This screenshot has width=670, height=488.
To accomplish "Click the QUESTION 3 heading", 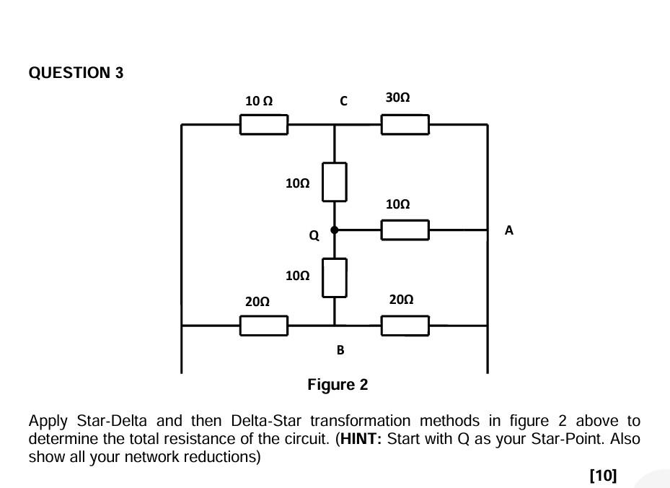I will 76,73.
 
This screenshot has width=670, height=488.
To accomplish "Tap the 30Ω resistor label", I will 397,97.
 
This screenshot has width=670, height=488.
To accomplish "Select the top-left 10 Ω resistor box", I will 263,125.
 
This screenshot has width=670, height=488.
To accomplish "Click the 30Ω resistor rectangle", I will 405,125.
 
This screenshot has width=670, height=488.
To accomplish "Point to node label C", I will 343,102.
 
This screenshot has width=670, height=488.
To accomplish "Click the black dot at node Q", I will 334,230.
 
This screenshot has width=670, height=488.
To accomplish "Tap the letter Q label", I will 314,236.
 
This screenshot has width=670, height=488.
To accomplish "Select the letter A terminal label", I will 509,230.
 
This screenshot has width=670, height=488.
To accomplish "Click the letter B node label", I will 340,350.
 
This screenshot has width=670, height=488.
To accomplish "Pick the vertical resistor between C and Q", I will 334,182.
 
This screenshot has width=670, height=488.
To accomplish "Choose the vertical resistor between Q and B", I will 334,278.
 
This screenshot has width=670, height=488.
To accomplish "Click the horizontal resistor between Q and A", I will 405,230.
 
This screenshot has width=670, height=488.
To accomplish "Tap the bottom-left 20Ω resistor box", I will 263,326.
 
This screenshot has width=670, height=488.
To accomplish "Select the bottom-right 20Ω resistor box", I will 405,326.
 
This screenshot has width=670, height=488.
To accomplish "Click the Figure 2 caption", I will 338,385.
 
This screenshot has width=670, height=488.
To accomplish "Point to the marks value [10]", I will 603,475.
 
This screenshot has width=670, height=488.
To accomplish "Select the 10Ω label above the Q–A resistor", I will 397,204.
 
